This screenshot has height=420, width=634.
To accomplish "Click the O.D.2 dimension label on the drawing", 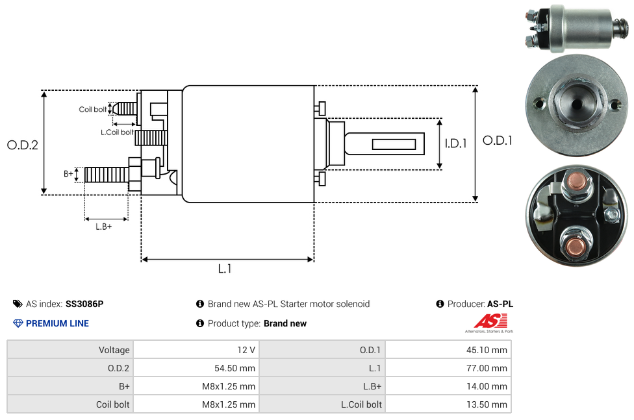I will pos(23,145).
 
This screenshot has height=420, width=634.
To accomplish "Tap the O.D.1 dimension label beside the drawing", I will pos(498,140).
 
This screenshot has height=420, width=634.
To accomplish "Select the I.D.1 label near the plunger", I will pos(455,143).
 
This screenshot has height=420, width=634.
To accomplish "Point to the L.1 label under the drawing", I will pos(225,269).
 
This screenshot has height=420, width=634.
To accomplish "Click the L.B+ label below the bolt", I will pos(104,227).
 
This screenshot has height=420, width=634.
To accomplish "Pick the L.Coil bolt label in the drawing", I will pos(117,132).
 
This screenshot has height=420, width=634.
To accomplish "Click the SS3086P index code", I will pos(84,304).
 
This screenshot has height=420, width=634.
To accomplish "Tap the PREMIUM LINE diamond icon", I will pos(18,323).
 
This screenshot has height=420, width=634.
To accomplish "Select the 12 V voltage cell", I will pos(246,350).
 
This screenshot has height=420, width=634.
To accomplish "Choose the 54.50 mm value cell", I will pos(235,368).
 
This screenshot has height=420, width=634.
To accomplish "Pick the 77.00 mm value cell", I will pos(490,368).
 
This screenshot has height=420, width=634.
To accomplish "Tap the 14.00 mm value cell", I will pos(490,386).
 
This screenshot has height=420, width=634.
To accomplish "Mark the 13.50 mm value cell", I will pos(490,404).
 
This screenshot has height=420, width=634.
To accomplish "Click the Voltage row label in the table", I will pos(114,350).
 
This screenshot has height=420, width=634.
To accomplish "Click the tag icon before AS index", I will pos(18,304).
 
